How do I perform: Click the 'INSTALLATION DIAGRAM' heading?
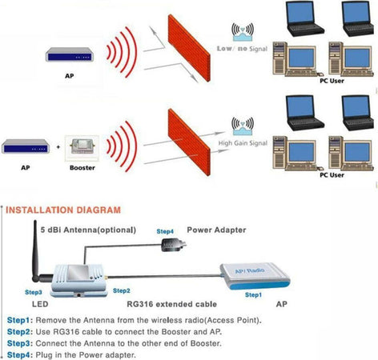[63, 210]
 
